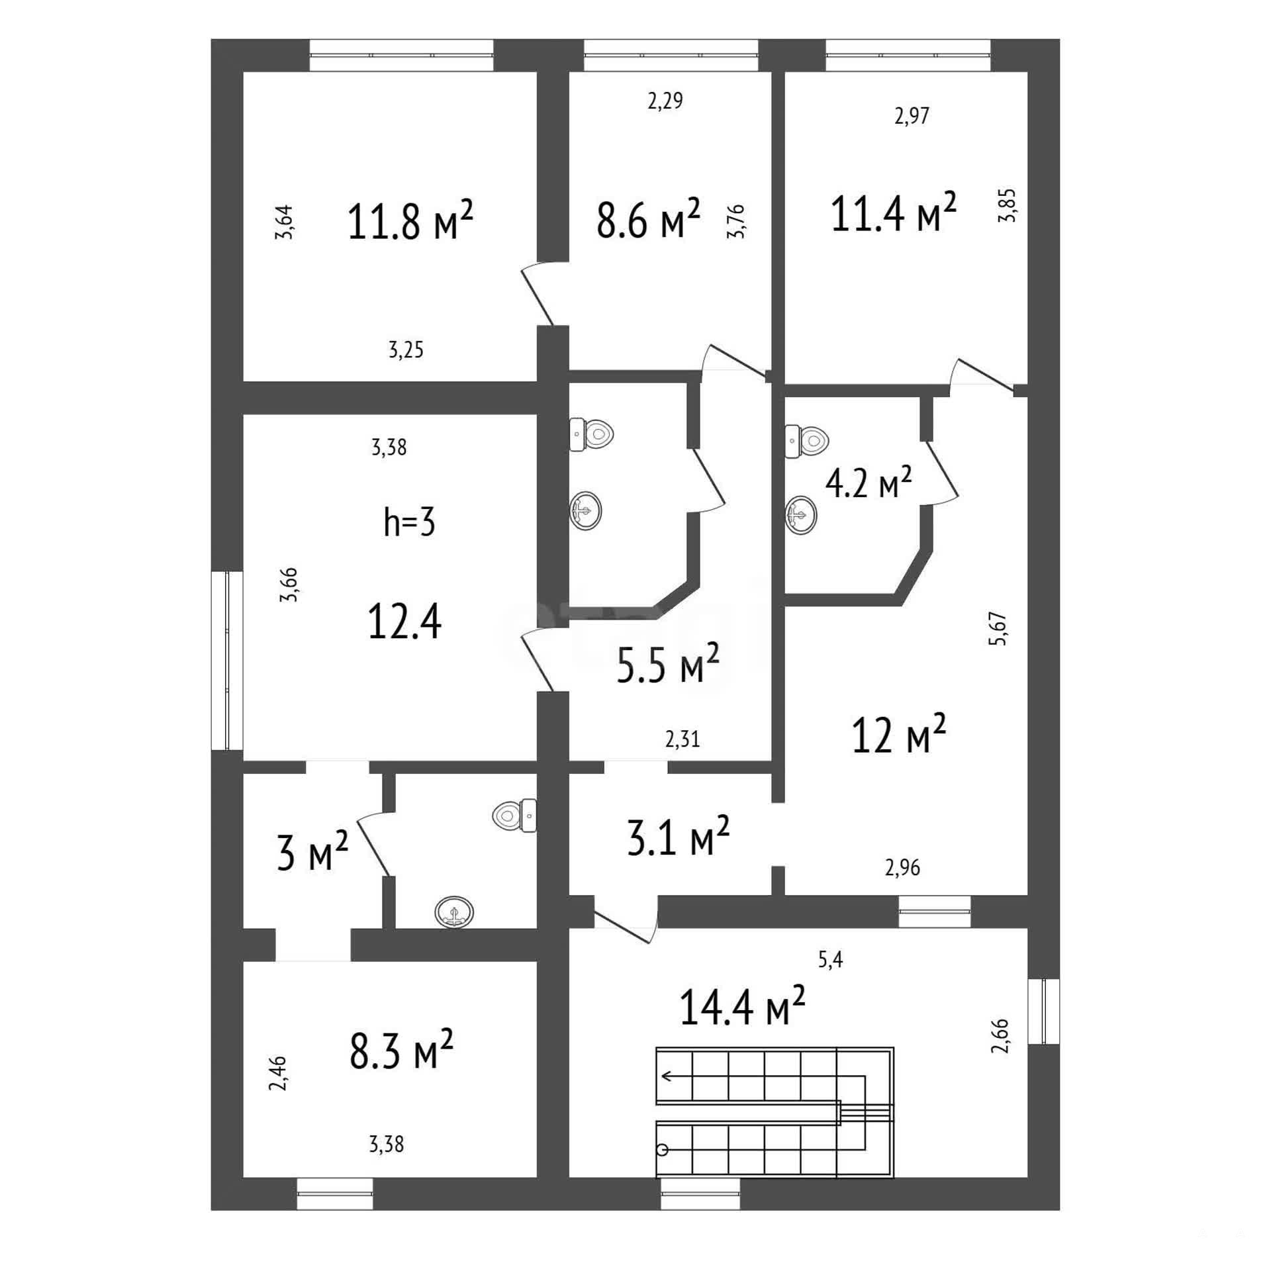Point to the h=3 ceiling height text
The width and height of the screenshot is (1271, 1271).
coord(410,522)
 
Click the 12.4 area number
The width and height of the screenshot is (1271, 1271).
coord(404,622)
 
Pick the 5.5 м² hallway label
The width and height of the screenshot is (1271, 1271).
coord(667,664)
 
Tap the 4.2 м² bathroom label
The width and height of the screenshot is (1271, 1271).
coord(868,483)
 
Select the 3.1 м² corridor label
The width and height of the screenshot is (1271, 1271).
coord(678,836)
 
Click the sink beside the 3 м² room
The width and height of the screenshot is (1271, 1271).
coord(455,913)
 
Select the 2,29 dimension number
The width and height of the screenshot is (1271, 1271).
coord(665,101)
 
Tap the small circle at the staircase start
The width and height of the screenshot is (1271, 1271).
coord(662,1168)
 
